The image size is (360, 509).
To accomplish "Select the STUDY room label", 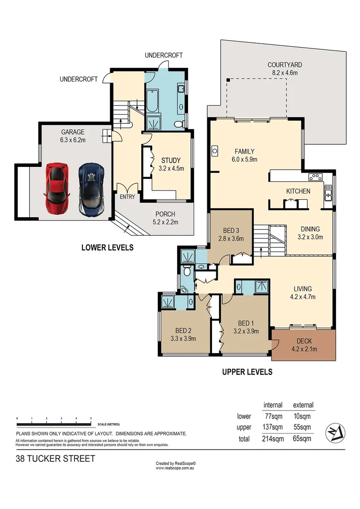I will (169, 160).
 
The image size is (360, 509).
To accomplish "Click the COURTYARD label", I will (285, 65).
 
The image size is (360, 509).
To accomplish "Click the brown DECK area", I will (303, 345).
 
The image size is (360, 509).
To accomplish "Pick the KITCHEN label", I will (299, 191).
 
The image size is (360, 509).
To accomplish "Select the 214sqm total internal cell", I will (272, 439).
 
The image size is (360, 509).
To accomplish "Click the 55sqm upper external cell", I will (303, 427).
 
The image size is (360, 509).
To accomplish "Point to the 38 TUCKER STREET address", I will (56, 458).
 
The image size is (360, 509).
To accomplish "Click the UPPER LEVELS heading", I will (247, 372).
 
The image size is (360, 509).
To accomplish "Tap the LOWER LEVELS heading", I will (107, 247).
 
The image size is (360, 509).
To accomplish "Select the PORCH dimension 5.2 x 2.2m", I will (165, 222).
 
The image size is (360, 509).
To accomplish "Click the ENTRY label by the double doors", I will (127, 197).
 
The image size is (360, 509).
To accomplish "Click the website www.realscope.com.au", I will (176, 468).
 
